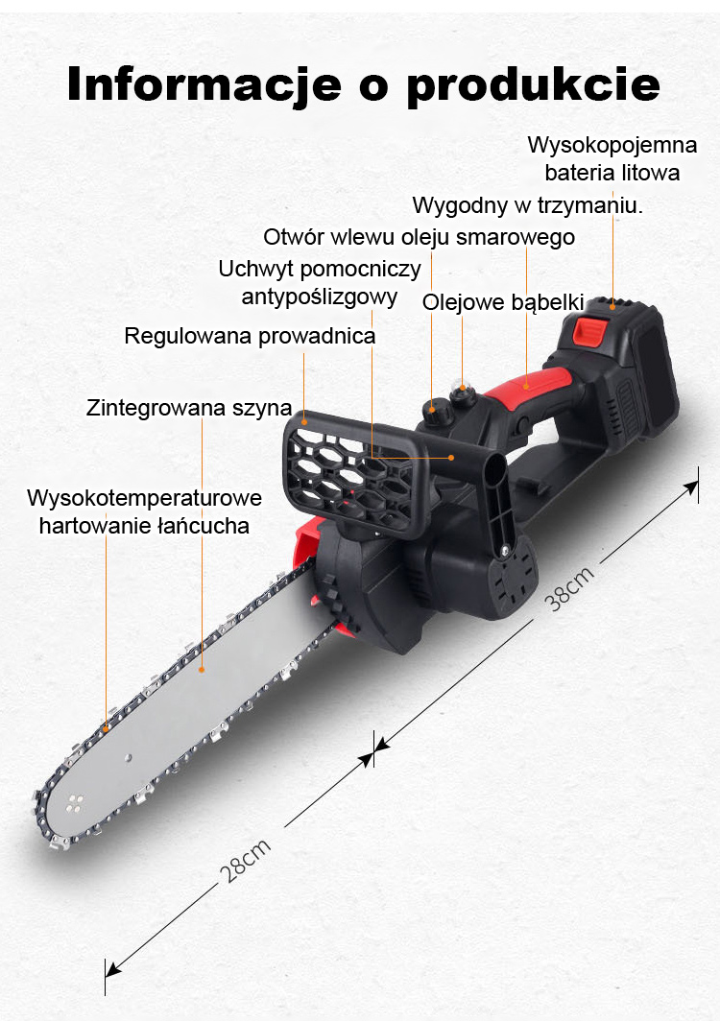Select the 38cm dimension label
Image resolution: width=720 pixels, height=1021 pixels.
570,589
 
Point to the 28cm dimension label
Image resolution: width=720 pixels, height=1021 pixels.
246,861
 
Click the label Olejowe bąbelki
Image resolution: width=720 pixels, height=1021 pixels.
504,302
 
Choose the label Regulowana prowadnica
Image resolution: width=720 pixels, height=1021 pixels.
250,336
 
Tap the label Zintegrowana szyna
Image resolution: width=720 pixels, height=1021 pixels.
189,407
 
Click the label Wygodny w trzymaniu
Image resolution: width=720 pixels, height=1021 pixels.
527,204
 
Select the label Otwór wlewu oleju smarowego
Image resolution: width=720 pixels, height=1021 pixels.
420,236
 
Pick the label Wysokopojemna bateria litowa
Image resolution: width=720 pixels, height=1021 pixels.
612,159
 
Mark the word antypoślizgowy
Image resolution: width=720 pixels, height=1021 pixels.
320,297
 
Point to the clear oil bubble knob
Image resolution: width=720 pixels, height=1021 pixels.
464,392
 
